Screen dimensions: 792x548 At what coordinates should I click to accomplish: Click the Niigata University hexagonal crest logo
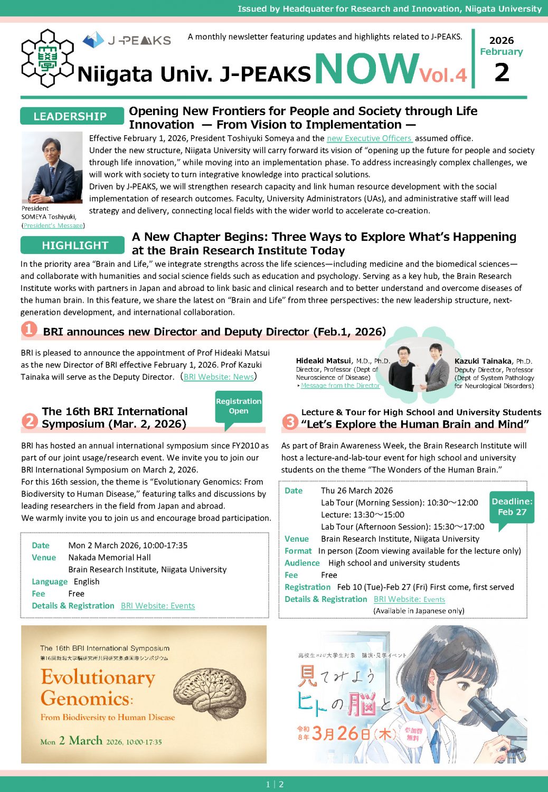tap(46, 58)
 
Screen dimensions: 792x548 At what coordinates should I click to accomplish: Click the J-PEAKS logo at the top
tap(127, 40)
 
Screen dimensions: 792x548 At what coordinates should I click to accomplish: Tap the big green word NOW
tap(366, 69)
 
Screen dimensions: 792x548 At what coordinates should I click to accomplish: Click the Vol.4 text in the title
tap(443, 76)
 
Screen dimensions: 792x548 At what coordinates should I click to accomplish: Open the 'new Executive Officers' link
tap(369, 138)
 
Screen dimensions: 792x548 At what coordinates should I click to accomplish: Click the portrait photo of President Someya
tap(52, 168)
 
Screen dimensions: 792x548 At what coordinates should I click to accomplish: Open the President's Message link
tap(53, 225)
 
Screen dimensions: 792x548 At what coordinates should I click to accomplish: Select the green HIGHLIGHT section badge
tap(74, 245)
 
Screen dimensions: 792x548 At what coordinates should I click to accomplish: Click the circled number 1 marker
tap(29, 329)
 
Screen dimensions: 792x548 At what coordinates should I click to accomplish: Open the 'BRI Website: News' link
tap(219, 377)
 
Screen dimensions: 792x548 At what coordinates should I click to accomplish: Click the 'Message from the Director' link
tap(340, 385)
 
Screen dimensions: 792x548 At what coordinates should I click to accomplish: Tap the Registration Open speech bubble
tap(239, 407)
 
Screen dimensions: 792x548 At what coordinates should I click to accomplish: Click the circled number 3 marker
tap(290, 421)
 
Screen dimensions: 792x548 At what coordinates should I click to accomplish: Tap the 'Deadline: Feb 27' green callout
tap(512, 507)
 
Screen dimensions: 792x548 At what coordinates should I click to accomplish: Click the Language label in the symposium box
tap(50, 582)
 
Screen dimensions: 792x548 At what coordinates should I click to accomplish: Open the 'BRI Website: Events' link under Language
tap(158, 606)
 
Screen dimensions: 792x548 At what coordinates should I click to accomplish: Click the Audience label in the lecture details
tap(302, 563)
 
